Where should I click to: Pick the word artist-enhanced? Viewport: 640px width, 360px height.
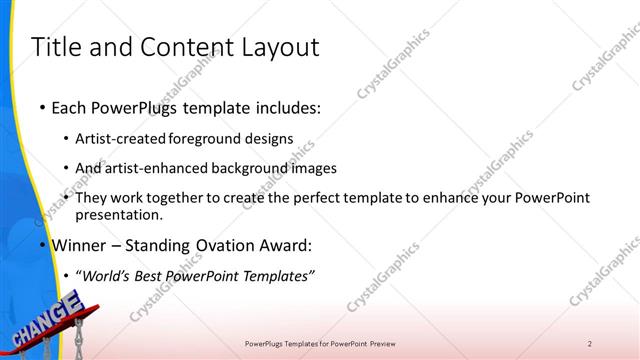158,168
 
